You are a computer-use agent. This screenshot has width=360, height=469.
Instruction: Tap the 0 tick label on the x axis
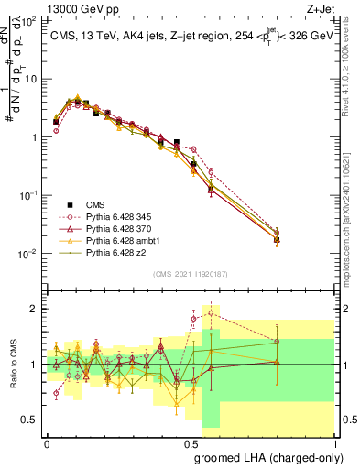pos(47,442)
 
